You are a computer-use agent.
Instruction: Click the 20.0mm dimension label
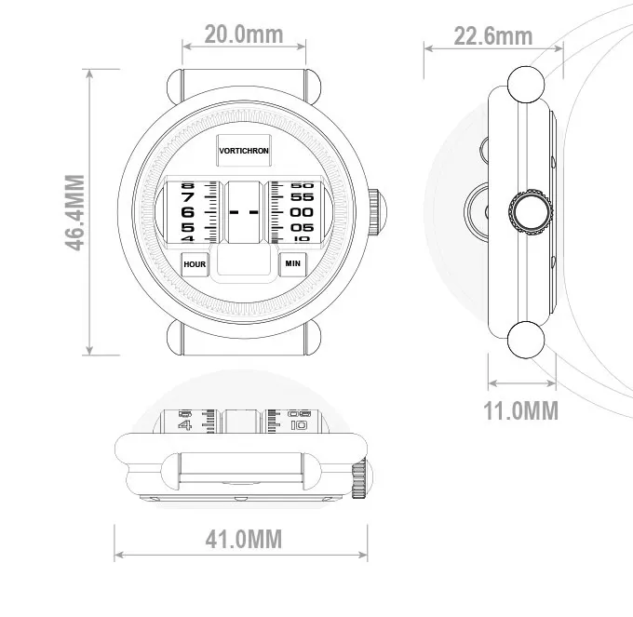(x=244, y=34)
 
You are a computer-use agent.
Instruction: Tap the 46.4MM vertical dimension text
(x=74, y=213)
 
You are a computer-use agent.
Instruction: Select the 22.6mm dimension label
(x=493, y=36)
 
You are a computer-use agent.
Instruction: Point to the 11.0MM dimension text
(x=520, y=410)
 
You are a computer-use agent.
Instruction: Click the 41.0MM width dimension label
(x=244, y=539)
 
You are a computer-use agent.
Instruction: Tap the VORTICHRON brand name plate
(x=244, y=151)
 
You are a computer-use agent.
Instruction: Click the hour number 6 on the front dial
(x=187, y=212)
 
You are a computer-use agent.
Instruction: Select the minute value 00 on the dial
(x=302, y=212)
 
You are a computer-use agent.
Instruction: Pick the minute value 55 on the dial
(x=302, y=197)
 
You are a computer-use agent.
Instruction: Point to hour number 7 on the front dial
(x=187, y=197)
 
